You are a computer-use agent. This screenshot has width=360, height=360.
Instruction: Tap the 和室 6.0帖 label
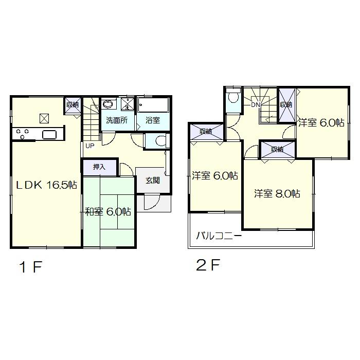[x=108, y=211]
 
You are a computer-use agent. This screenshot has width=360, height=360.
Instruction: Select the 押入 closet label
[x=100, y=167]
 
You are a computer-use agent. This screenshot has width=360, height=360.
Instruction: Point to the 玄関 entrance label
[x=152, y=181]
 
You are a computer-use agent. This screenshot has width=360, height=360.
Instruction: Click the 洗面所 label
[x=117, y=121]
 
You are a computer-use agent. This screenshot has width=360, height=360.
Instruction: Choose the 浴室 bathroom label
[x=153, y=121]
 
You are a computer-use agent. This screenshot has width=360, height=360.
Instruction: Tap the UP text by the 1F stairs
[x=90, y=146]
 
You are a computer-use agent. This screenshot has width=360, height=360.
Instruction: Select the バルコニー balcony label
[x=219, y=237]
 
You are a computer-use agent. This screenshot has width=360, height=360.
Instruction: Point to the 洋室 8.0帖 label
[x=278, y=194]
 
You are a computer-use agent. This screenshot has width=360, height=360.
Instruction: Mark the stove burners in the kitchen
[x=23, y=134]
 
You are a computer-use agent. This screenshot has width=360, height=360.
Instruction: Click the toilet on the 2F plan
[x=233, y=98]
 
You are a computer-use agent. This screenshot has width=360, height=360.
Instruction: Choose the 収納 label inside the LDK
[x=72, y=105]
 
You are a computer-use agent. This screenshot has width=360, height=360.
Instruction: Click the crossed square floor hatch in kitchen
[x=44, y=118]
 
